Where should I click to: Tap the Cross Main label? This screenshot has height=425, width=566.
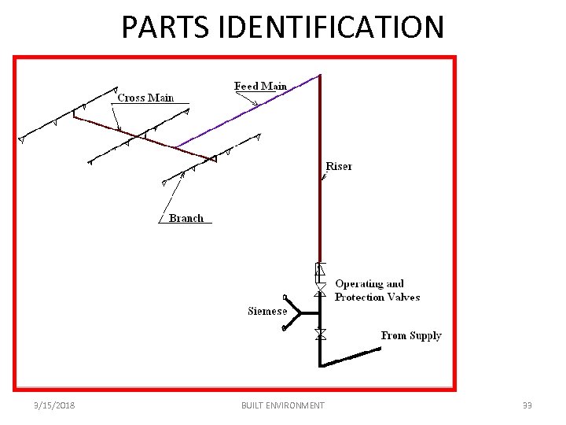(x=145, y=98)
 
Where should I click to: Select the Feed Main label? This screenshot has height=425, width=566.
(x=260, y=86)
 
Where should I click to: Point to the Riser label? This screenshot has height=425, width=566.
(x=339, y=166)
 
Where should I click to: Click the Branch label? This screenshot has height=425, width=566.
(x=186, y=218)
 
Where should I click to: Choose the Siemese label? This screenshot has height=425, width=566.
(x=267, y=311)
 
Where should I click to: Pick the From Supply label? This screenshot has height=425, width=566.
(x=411, y=335)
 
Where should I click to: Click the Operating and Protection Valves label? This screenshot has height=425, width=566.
(x=377, y=290)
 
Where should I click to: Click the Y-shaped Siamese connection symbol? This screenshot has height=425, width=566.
(x=292, y=312)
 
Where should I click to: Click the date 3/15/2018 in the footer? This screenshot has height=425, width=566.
(x=54, y=405)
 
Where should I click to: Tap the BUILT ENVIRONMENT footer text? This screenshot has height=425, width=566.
(x=283, y=405)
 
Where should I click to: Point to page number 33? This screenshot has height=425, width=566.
(x=527, y=405)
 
